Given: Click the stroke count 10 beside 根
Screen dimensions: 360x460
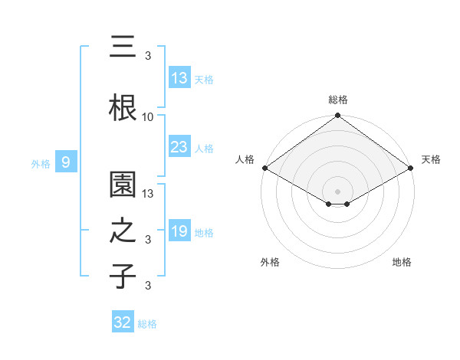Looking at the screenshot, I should click(148, 117).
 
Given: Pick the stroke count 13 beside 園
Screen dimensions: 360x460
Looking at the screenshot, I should click(148, 195).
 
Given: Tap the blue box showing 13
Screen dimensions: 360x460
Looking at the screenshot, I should click(179, 77).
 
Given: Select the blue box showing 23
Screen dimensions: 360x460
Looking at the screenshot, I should click(179, 147).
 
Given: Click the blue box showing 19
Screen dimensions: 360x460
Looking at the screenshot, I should click(179, 231).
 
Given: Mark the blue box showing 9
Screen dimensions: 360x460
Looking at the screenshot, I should click(67, 162).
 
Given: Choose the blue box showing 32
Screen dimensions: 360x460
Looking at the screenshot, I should click(122, 322).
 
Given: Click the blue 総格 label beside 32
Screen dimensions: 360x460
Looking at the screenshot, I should click(148, 324).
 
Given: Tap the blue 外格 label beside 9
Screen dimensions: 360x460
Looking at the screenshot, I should click(40, 163).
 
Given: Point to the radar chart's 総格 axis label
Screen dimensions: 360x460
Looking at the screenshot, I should click(337, 100).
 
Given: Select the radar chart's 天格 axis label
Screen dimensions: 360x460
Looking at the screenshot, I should click(431, 159).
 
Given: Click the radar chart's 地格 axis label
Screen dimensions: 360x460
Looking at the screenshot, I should click(402, 263).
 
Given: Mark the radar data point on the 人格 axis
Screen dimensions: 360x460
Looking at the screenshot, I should click(264, 168).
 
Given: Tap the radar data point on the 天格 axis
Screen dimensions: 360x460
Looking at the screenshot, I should click(411, 168).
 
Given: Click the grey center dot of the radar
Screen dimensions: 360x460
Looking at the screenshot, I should click(337, 190).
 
